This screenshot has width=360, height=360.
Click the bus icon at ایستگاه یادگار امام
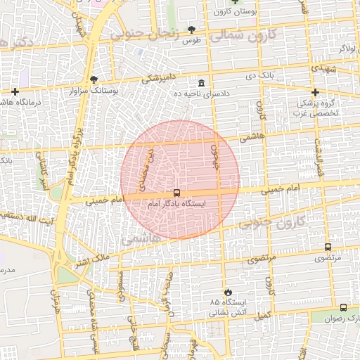(176, 193)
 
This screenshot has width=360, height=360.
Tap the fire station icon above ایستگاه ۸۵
(226, 292)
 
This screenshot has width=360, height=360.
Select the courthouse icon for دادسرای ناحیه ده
(202, 82)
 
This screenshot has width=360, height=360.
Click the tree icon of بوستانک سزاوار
(94, 79)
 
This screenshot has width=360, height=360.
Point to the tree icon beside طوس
(191, 29)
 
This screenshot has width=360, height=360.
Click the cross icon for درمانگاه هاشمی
(15, 91)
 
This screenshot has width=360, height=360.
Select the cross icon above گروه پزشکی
(315, 92)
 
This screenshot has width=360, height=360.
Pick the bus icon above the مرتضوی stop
(328, 247)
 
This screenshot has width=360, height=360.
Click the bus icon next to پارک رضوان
(343, 307)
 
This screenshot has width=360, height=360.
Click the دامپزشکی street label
(160, 77)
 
